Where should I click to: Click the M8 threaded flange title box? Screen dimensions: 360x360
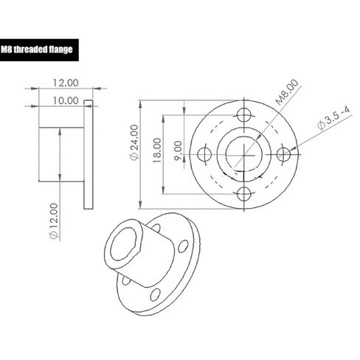tap(39, 50)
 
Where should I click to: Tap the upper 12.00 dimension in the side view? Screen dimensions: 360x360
tap(66, 83)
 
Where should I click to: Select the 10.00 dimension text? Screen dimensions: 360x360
tap(66, 100)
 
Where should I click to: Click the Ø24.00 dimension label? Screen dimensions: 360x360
tap(134, 142)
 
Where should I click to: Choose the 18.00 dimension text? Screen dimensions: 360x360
tap(157, 150)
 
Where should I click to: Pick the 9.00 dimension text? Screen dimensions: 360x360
tap(178, 150)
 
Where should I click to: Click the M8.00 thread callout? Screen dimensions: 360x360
tap(287, 92)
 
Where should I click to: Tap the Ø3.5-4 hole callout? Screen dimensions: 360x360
tap(333, 118)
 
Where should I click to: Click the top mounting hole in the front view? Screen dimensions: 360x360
tap(244, 115)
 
